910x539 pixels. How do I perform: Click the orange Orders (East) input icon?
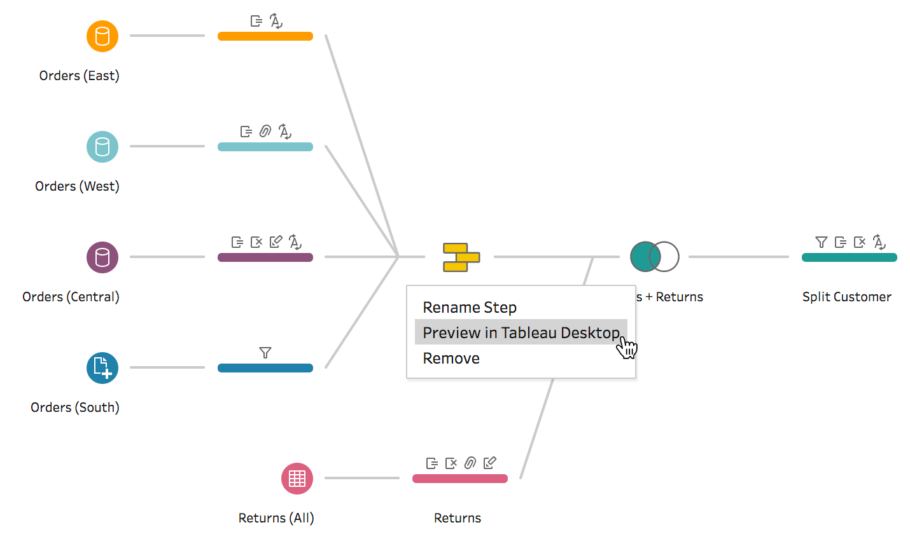(102, 36)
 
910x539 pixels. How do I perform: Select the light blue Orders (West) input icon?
(102, 147)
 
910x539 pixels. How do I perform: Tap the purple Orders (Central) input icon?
(102, 257)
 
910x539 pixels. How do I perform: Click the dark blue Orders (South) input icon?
(102, 368)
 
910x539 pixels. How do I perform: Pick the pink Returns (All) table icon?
(297, 479)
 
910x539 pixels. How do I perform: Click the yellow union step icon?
(461, 257)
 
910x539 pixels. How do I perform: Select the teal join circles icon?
(654, 257)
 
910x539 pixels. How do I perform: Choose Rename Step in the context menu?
(470, 308)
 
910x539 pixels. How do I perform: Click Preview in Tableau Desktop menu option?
(521, 332)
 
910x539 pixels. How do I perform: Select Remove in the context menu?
(451, 358)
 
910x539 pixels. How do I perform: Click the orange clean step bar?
(265, 36)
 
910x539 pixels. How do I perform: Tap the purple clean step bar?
(265, 257)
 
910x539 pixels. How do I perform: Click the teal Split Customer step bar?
(849, 257)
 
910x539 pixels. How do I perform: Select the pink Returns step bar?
(460, 479)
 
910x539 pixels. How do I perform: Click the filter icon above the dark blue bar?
(265, 353)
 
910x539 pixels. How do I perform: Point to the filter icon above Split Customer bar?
(822, 242)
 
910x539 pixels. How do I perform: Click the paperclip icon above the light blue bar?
(265, 132)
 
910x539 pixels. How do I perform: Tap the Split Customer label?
(846, 297)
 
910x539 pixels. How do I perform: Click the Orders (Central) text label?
(71, 297)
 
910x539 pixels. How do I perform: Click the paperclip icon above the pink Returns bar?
(470, 463)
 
